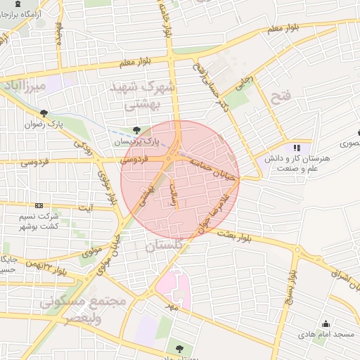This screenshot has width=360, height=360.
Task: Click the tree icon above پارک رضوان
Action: tap(44, 113)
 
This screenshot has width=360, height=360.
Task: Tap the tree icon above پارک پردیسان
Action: tap(136, 131)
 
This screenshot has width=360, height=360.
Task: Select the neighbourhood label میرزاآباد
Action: tap(24, 86)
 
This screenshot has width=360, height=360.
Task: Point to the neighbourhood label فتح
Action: tap(280, 96)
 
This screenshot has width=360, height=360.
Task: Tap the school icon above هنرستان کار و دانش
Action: tap(297, 148)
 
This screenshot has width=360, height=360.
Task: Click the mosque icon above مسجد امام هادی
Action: tap(326, 324)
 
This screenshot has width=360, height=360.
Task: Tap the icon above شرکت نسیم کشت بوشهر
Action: tap(39, 205)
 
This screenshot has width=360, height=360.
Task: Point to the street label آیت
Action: tap(85, 208)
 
